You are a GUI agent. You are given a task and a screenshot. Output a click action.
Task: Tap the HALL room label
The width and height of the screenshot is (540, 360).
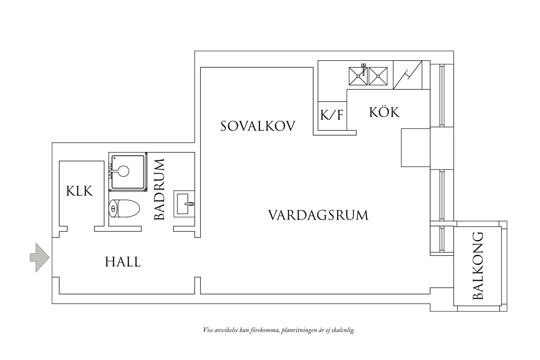[123, 262]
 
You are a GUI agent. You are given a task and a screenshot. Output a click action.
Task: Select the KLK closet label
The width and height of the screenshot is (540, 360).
[79, 191]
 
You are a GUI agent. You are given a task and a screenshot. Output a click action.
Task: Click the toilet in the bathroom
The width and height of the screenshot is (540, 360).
[124, 208]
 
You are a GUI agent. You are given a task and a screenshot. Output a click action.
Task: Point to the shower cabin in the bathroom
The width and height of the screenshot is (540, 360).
[128, 172]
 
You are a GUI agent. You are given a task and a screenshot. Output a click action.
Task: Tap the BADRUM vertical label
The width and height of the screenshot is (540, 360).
[159, 189]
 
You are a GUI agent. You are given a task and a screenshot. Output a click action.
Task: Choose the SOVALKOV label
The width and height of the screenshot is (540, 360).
[258, 126]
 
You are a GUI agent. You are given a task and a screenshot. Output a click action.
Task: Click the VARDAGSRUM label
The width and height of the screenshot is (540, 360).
[318, 215]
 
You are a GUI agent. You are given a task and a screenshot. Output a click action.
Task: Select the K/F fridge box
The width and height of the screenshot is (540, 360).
[332, 116]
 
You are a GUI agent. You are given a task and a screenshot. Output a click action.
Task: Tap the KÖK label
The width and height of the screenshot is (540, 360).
[384, 112]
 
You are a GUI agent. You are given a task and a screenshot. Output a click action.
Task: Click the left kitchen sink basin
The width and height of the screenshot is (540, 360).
[358, 76]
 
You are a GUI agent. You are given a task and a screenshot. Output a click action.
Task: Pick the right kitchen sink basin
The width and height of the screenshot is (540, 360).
[378, 76]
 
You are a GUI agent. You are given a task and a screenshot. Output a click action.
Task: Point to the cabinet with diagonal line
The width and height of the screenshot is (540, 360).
[407, 75]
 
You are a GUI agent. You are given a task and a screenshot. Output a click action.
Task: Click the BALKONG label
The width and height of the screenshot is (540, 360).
[478, 266]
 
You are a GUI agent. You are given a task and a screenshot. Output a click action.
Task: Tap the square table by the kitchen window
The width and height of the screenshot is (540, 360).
[416, 147]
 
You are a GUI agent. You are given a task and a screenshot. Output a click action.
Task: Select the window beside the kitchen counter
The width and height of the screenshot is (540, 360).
[442, 96]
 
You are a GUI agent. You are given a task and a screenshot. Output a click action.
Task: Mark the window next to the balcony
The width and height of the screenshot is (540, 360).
[442, 240]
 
